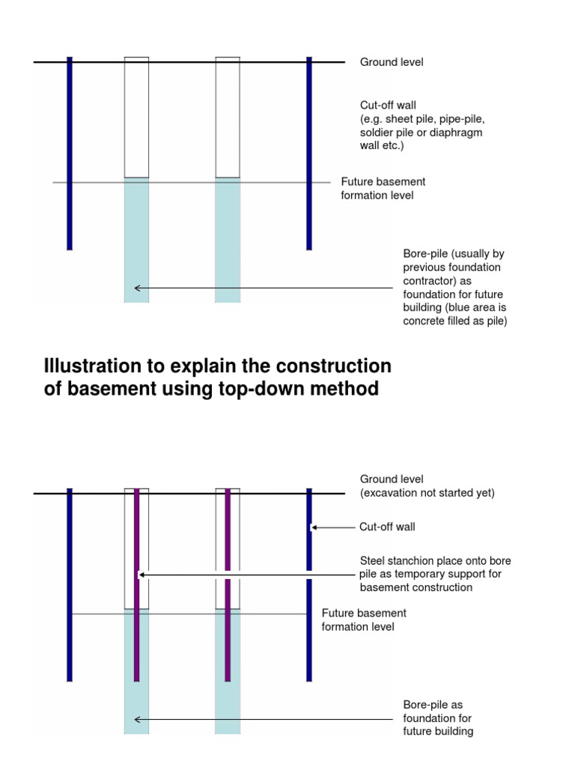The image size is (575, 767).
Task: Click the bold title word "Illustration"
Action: (102, 366)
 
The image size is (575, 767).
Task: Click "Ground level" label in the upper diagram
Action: (392, 62)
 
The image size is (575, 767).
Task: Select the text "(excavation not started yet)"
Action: (428, 493)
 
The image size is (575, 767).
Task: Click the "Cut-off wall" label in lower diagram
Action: (387, 527)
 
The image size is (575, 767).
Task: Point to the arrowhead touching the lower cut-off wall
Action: (314, 527)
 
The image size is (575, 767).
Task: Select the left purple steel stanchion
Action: (136, 584)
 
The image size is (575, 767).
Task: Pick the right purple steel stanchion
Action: (228, 584)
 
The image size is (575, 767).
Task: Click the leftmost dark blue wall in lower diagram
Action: (70, 584)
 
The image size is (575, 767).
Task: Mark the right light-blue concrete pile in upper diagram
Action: (228, 240)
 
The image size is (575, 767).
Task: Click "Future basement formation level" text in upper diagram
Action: (383, 189)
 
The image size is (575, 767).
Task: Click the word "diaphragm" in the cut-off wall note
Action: (456, 133)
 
